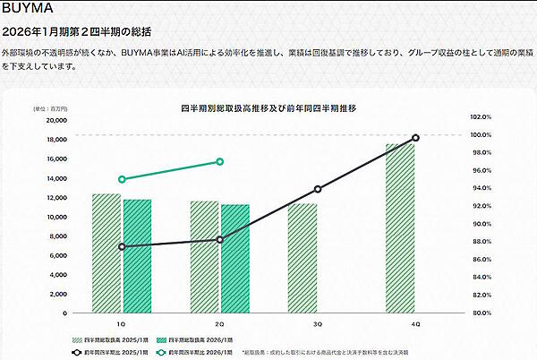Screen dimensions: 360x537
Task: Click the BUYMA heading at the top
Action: (28, 10)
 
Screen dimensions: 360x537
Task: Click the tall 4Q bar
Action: (400, 227)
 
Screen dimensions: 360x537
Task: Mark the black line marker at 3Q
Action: (317, 189)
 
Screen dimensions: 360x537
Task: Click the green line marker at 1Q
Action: (122, 179)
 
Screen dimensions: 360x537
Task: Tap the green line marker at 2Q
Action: (220, 162)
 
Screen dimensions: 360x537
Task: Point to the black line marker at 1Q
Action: (122, 246)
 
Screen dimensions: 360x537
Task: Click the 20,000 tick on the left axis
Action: (55, 120)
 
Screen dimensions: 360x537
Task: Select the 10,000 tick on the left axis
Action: (55, 217)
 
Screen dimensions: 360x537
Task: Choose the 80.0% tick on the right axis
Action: (482, 313)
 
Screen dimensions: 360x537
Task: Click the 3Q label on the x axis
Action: (318, 322)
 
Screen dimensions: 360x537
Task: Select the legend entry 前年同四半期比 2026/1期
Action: (202, 352)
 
